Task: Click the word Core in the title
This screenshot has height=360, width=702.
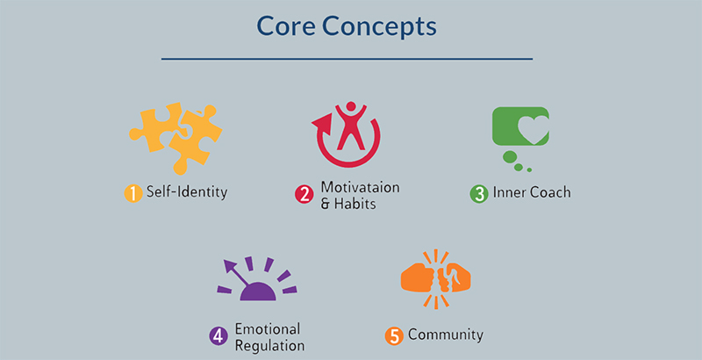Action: click(x=286, y=26)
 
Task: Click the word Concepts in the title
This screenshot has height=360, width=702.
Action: click(x=379, y=28)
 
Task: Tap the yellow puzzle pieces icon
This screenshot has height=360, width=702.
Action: click(x=175, y=138)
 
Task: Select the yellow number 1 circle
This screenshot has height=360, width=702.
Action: click(x=133, y=193)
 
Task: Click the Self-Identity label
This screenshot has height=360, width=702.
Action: click(x=187, y=192)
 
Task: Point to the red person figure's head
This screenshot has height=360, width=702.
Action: click(x=351, y=106)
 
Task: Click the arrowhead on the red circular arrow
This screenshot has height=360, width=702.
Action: click(x=323, y=122)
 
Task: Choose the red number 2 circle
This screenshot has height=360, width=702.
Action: click(x=304, y=194)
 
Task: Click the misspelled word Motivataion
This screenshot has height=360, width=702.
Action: click(x=360, y=187)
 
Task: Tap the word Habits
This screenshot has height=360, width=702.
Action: click(x=355, y=204)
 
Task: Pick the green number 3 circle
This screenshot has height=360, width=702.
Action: click(x=479, y=194)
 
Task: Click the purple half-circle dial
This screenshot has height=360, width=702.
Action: click(x=258, y=292)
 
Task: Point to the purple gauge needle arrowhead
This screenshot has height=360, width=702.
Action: click(x=230, y=266)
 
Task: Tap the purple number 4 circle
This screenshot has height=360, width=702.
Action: click(x=218, y=336)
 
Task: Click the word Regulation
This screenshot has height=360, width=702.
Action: click(x=270, y=346)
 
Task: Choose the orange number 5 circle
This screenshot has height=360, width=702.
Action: click(x=394, y=336)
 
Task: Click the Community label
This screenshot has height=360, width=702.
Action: click(x=446, y=335)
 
